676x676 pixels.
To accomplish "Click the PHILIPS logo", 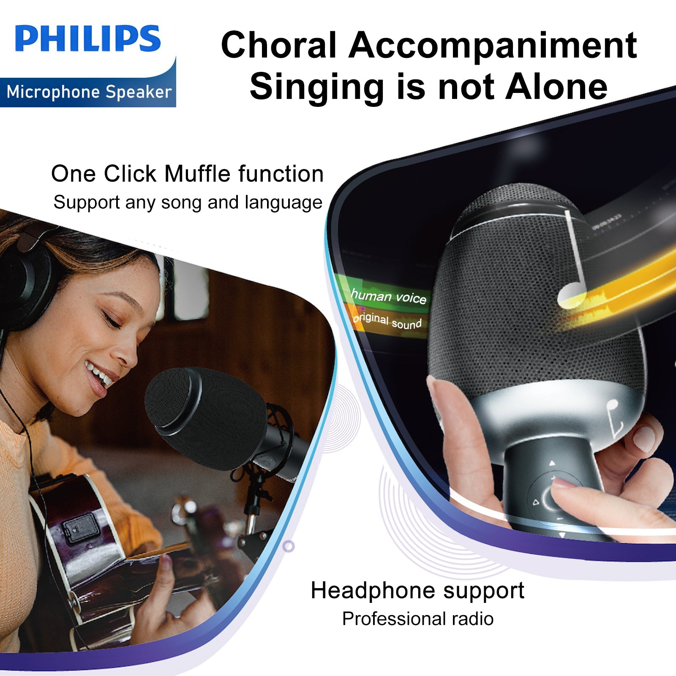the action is point(87,39).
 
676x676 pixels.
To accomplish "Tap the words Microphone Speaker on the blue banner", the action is point(89,92).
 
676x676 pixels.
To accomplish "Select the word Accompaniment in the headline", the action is point(493,45).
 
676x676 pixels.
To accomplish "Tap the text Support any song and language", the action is point(188,202).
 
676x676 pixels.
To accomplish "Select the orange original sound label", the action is point(387,321).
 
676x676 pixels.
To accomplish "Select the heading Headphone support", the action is point(417,591).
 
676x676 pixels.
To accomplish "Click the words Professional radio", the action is point(418,619).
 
